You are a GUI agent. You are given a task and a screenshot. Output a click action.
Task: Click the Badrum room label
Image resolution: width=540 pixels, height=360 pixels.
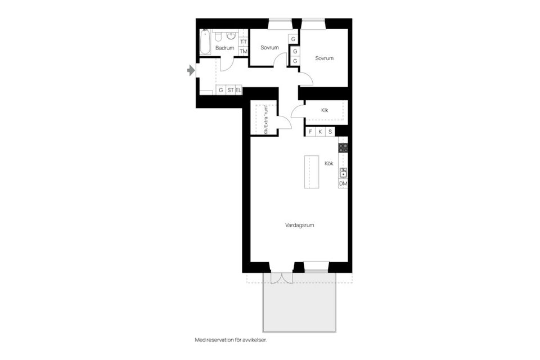point(224,48)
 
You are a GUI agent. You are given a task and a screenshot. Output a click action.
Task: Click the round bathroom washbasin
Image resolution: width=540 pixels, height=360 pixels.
point(231,37)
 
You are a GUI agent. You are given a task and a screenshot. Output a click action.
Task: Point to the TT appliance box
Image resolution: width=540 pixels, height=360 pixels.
point(244,42)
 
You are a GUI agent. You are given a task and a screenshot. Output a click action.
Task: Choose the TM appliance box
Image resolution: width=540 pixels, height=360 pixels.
point(244,52)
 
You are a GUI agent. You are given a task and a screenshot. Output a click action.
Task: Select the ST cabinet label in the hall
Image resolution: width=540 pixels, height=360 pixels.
point(230,90)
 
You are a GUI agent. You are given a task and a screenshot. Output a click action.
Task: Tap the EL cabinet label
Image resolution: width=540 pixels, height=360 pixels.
point(238,90)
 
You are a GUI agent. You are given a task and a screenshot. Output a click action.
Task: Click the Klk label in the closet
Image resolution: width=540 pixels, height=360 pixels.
point(325,110)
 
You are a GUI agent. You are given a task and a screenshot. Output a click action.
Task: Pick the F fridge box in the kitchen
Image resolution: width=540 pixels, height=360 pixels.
point(310,132)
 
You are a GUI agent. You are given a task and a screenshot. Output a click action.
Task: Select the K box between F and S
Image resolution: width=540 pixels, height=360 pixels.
point(320,132)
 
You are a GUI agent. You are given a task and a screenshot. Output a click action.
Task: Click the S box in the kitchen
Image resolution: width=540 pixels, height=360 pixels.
point(330,132)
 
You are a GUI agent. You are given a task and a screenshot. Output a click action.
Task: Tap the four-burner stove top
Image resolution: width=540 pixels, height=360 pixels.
point(343,149)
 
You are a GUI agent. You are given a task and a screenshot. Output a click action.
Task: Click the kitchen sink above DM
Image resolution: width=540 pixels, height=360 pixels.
point(343,173)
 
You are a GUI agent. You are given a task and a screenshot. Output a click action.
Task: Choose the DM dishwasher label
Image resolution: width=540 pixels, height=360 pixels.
point(343,184)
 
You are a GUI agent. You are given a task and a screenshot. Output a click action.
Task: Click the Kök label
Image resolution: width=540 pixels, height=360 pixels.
point(329,164)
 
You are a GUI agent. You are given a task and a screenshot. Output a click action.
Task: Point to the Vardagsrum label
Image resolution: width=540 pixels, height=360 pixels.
point(299,225)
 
